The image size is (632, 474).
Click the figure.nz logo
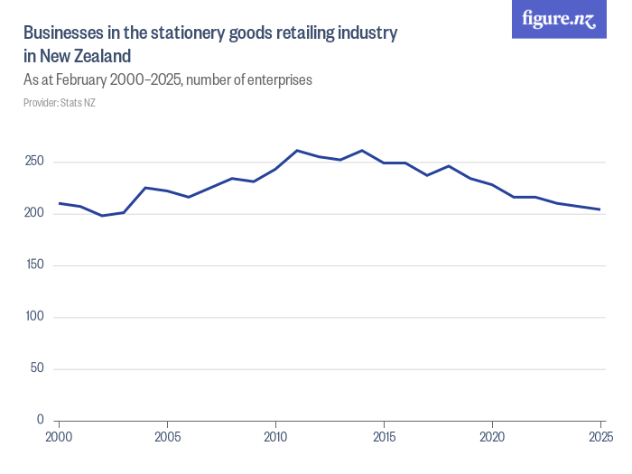(x=559, y=20)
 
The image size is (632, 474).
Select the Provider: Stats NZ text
(x=59, y=103)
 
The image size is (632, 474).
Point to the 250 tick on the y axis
(x=35, y=162)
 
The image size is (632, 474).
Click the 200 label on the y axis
(x=35, y=213)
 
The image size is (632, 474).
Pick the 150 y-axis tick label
(x=35, y=265)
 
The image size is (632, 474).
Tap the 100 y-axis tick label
(x=35, y=317)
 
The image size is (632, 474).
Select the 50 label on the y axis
(x=38, y=368)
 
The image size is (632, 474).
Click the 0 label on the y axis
(x=41, y=420)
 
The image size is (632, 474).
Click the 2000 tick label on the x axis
(x=59, y=437)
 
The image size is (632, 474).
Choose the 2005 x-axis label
(x=167, y=437)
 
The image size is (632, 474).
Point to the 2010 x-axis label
(x=275, y=437)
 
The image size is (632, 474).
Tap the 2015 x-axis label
(x=384, y=437)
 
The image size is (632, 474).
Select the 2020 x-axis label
(x=492, y=437)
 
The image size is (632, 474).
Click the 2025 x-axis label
(x=599, y=437)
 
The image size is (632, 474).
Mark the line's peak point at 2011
(x=297, y=151)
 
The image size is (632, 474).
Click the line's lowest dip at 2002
(x=102, y=216)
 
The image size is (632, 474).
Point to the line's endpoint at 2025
(x=600, y=209)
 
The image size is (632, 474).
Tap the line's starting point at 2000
(x=59, y=203)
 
